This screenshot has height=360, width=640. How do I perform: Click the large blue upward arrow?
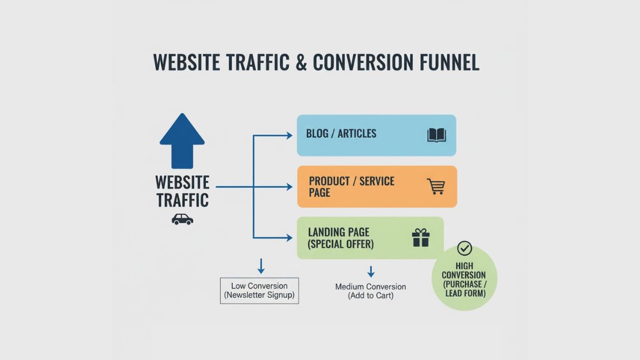tap(182, 141)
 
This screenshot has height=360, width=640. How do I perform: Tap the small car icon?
tap(182, 219)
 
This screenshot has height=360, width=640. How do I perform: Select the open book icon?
tap(436, 135)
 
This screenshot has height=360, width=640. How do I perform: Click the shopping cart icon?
tap(436, 186)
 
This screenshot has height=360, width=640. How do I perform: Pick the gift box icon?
tap(421, 238)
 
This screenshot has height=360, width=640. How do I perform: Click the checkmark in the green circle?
tap(465, 249)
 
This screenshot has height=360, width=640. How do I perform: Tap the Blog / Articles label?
tap(341, 134)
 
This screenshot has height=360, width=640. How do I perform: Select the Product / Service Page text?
tap(351, 186)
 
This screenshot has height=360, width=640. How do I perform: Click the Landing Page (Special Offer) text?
tap(341, 238)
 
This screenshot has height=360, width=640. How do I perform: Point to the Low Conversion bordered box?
tap(259, 291)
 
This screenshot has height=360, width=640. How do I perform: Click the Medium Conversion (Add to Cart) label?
tap(370, 291)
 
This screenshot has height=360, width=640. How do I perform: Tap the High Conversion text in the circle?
tap(464, 279)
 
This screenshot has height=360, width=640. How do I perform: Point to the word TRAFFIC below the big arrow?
tap(183, 201)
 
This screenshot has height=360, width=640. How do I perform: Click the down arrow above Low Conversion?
tap(261, 266)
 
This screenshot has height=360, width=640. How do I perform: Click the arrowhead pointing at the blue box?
tap(289, 135)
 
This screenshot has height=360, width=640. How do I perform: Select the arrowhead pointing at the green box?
tap(289, 238)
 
